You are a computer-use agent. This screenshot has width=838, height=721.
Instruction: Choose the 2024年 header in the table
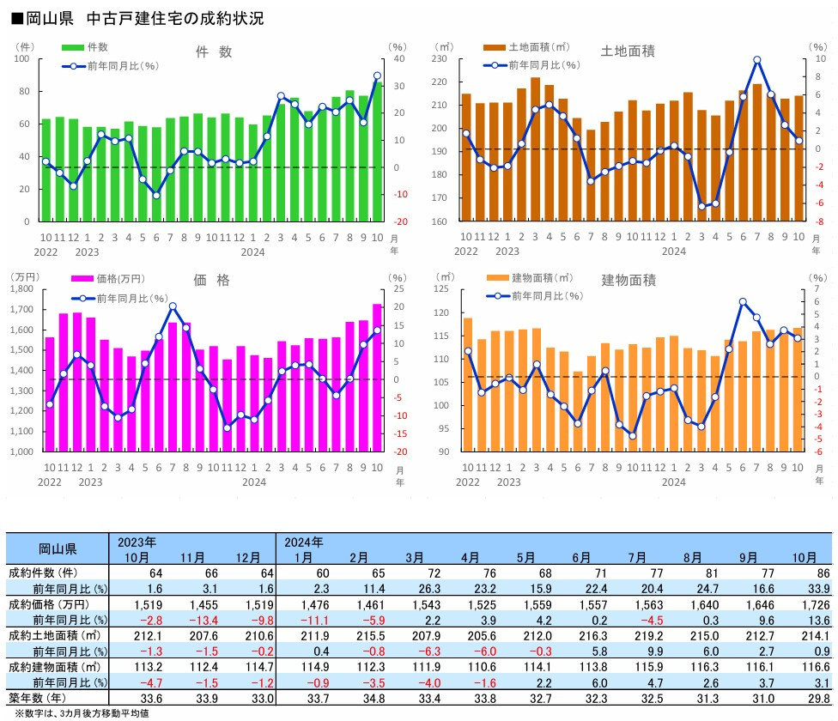(304, 542)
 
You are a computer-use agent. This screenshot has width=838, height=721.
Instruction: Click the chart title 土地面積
(628, 51)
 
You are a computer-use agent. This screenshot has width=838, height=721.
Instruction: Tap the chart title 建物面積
(628, 280)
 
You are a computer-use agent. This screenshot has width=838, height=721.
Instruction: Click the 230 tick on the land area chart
(444, 59)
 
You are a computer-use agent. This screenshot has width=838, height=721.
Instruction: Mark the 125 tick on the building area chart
(444, 289)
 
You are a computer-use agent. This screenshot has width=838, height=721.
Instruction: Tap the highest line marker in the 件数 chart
(377, 76)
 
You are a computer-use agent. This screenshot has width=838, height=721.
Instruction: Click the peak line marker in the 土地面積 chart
(756, 60)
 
